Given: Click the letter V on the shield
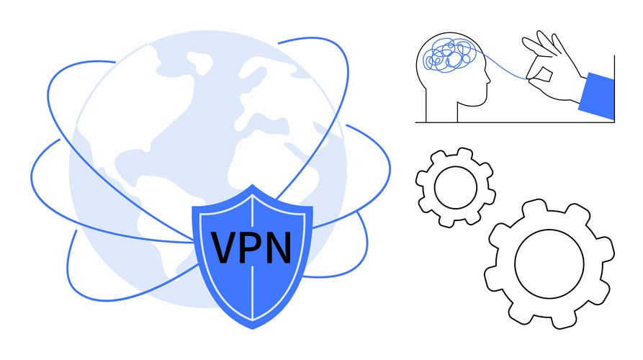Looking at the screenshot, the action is click(x=225, y=248).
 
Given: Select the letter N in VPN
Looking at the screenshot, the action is click(x=278, y=248).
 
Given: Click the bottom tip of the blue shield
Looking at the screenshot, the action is click(x=253, y=328).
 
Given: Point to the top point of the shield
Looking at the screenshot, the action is click(x=253, y=185).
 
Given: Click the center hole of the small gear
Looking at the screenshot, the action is click(x=456, y=188).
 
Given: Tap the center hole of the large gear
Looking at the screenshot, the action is click(x=549, y=264).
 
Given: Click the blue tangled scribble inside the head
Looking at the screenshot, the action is click(x=450, y=55).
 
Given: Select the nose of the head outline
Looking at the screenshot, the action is click(x=488, y=78).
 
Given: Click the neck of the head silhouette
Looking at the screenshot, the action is click(x=442, y=111).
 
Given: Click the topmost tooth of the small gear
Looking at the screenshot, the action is click(x=464, y=153).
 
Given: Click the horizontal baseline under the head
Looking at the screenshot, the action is click(x=515, y=122).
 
